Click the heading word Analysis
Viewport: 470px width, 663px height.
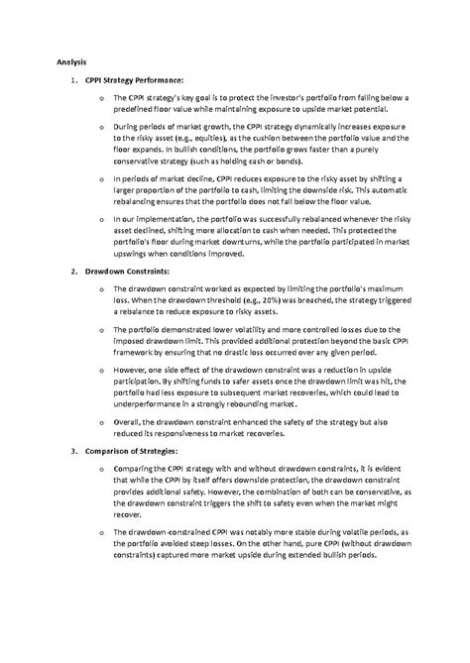coord(71,61)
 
